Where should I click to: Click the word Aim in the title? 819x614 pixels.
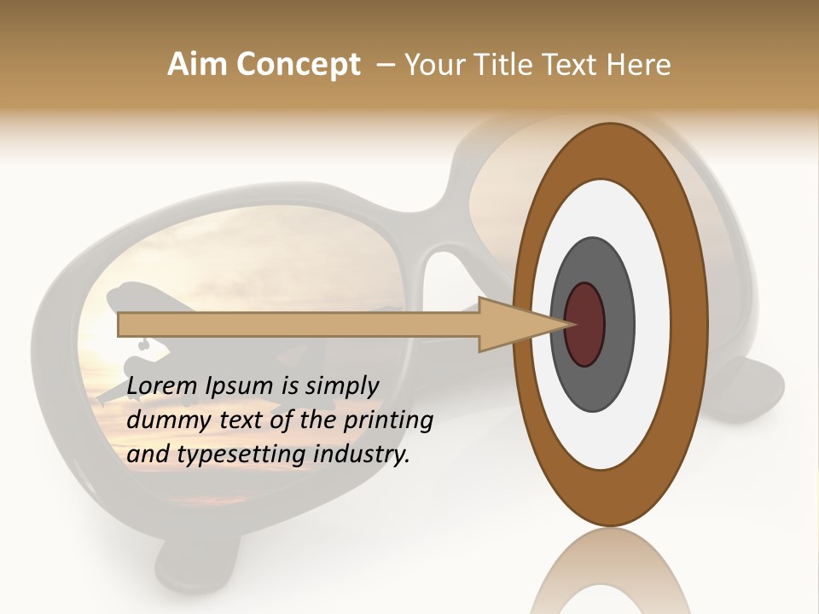[198, 65]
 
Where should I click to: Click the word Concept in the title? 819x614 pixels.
[298, 65]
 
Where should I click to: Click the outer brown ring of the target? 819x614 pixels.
[687, 324]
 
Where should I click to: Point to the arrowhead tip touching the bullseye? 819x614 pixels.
[570, 324]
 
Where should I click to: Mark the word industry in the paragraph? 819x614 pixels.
[361, 455]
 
